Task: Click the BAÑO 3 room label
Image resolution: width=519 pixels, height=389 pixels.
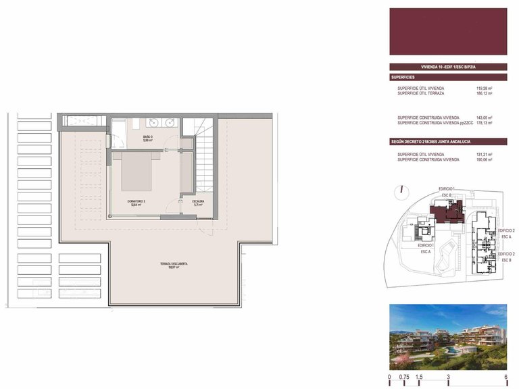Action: [147, 138]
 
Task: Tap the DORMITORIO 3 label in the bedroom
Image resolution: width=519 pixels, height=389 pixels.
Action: [137, 203]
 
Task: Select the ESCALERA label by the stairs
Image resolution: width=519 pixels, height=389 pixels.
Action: [198, 202]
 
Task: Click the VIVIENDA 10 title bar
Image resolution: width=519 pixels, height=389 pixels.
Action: [448, 67]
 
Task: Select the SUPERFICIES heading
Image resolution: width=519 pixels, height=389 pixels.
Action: [405, 78]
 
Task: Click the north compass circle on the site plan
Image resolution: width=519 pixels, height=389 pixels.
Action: [401, 191]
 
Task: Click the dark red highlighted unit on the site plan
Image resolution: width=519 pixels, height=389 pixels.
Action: [447, 213]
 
